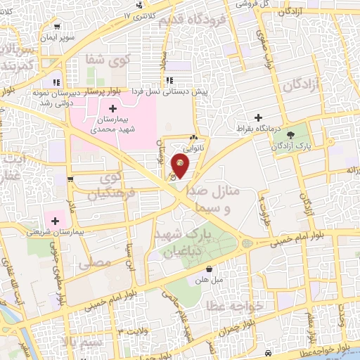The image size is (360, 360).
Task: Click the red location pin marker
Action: point(181,167)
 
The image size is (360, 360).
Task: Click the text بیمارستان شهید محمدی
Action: point(112,124)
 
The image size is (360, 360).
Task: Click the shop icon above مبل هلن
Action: point(210,268)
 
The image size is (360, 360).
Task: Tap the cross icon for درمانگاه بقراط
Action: point(259,117)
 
